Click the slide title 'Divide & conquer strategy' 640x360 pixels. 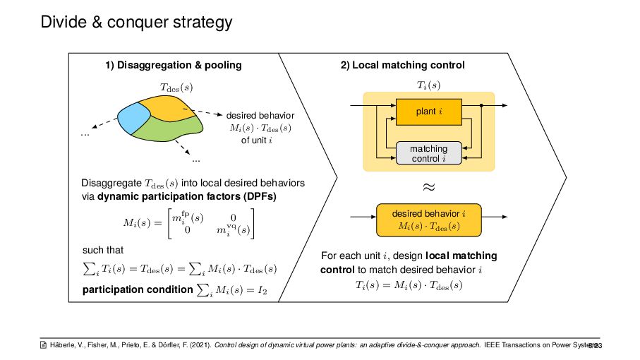click(x=136, y=23)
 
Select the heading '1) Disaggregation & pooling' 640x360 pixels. click(x=173, y=65)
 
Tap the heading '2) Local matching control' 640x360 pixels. click(x=402, y=65)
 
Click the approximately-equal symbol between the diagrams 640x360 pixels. click(x=428, y=187)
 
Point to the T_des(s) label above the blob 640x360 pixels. click(x=176, y=88)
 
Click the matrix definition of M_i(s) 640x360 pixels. click(x=190, y=222)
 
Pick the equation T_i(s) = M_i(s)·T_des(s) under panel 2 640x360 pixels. click(x=409, y=285)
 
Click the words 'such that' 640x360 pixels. click(x=104, y=251)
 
